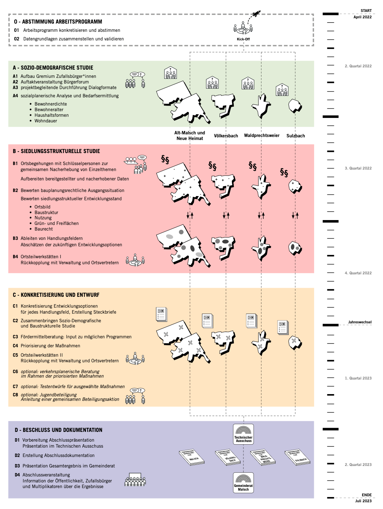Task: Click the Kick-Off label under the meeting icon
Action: pyautogui.click(x=243, y=39)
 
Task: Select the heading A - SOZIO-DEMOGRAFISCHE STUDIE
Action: pyautogui.click(x=53, y=68)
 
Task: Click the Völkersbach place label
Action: pyautogui.click(x=226, y=136)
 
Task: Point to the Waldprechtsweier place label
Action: pyautogui.click(x=262, y=135)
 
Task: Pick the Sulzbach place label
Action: pyautogui.click(x=295, y=136)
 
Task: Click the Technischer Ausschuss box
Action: pyautogui.click(x=243, y=434)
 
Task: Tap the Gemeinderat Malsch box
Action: pyautogui.click(x=243, y=482)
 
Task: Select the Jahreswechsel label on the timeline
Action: pyautogui.click(x=360, y=322)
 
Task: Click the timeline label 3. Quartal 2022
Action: pyautogui.click(x=358, y=168)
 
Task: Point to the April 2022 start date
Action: pyautogui.click(x=362, y=17)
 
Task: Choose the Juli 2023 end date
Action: pyautogui.click(x=363, y=501)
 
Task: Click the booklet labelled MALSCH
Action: pyautogui.click(x=192, y=457)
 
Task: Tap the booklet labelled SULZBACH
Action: pyautogui.click(x=298, y=458)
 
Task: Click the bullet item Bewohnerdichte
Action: pyautogui.click(x=50, y=104)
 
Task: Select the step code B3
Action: pyautogui.click(x=15, y=238)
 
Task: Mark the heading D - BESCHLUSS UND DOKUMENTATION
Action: pyautogui.click(x=58, y=430)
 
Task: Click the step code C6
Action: pyautogui.click(x=15, y=372)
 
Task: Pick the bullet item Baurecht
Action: pyautogui.click(x=43, y=229)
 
